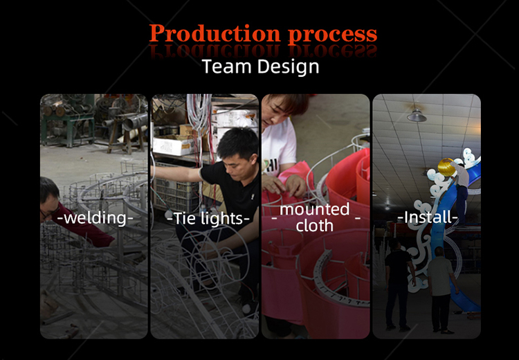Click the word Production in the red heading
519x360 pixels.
[215, 34]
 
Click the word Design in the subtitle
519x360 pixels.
[289, 67]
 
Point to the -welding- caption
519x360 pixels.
[95, 218]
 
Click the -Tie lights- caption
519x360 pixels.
[208, 219]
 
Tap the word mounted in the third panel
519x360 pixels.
[314, 209]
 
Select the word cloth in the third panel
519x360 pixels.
[314, 226]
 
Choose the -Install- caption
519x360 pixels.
[428, 217]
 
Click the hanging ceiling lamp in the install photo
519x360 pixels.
[417, 115]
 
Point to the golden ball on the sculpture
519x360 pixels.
[446, 168]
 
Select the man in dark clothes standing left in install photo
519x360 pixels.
[399, 284]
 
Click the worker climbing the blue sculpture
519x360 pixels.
[462, 191]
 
